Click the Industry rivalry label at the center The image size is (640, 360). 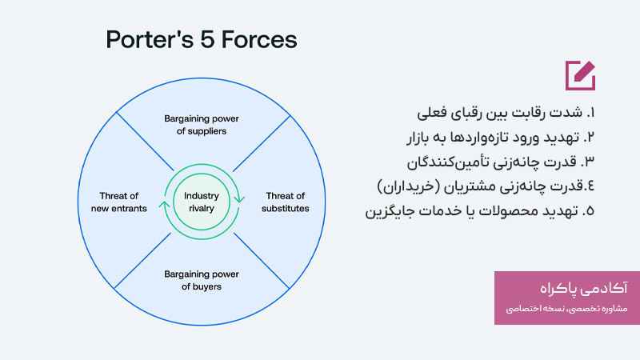(x=201, y=202)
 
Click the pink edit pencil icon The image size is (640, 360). (x=580, y=74)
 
